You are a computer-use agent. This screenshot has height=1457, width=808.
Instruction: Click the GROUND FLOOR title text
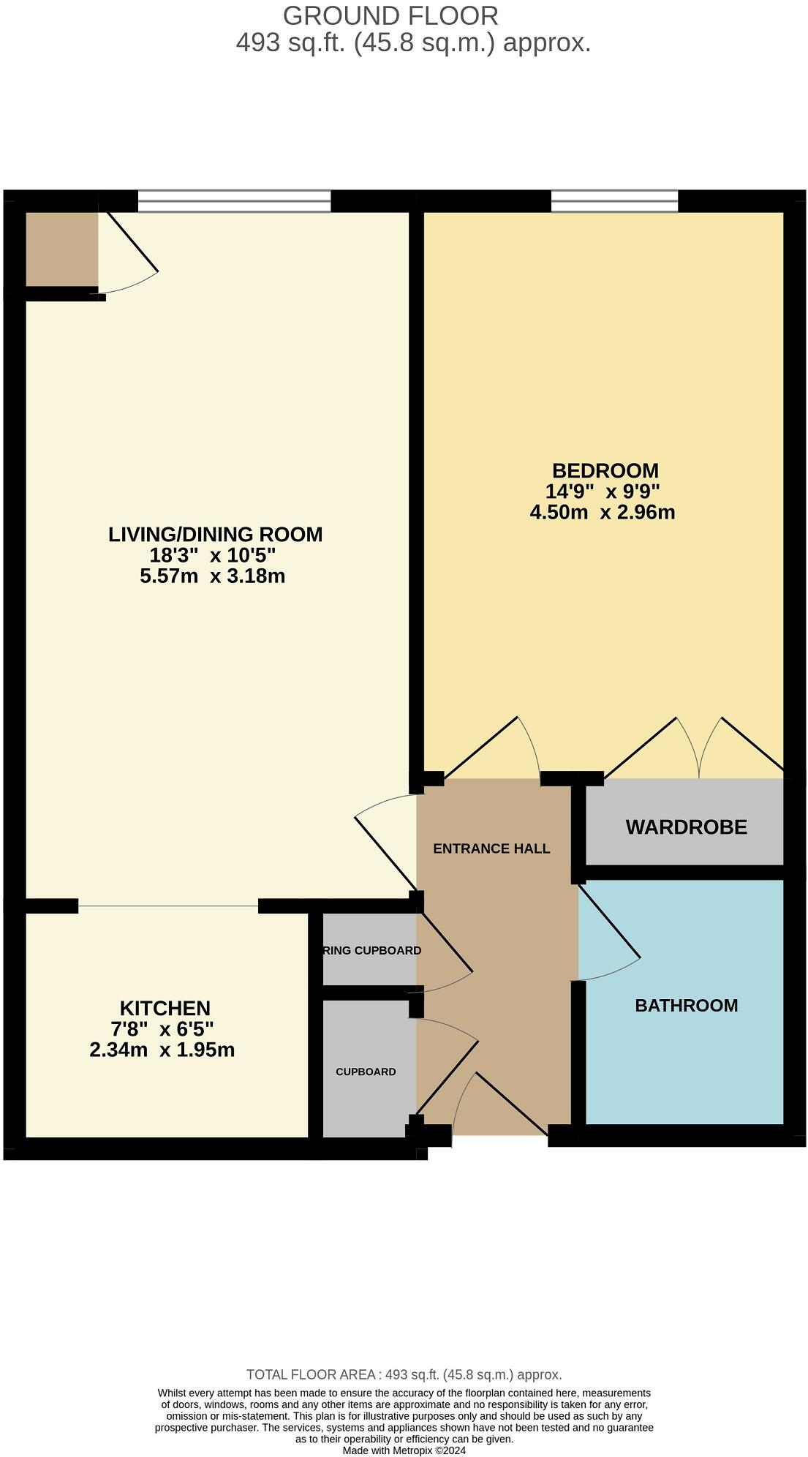point(390,16)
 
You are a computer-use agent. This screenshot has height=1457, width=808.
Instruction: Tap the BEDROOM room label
point(605,470)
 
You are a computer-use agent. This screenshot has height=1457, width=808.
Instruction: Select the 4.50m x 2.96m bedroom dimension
point(602,512)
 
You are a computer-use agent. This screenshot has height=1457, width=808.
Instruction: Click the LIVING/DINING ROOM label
point(215,535)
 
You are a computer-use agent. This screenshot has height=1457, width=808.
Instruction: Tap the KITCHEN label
point(165,1008)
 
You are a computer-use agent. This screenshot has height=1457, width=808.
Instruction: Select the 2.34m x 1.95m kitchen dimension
point(162,1050)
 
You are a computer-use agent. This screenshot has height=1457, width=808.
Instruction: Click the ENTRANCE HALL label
point(491,848)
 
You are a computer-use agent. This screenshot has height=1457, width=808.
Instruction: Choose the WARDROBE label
point(686,827)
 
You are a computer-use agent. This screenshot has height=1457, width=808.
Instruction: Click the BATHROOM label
point(686,1006)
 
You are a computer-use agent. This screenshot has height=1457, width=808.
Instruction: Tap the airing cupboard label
point(371,950)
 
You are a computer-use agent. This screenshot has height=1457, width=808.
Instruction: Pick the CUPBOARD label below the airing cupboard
point(366,1072)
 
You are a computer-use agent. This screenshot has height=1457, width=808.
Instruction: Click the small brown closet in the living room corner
point(61,249)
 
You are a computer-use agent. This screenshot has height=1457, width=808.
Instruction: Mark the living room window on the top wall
point(234,201)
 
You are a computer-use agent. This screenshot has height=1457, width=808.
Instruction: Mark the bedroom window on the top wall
point(614,201)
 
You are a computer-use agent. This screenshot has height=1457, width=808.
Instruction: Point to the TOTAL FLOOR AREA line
point(404,1374)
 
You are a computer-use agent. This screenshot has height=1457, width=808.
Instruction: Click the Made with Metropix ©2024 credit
point(404,1450)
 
